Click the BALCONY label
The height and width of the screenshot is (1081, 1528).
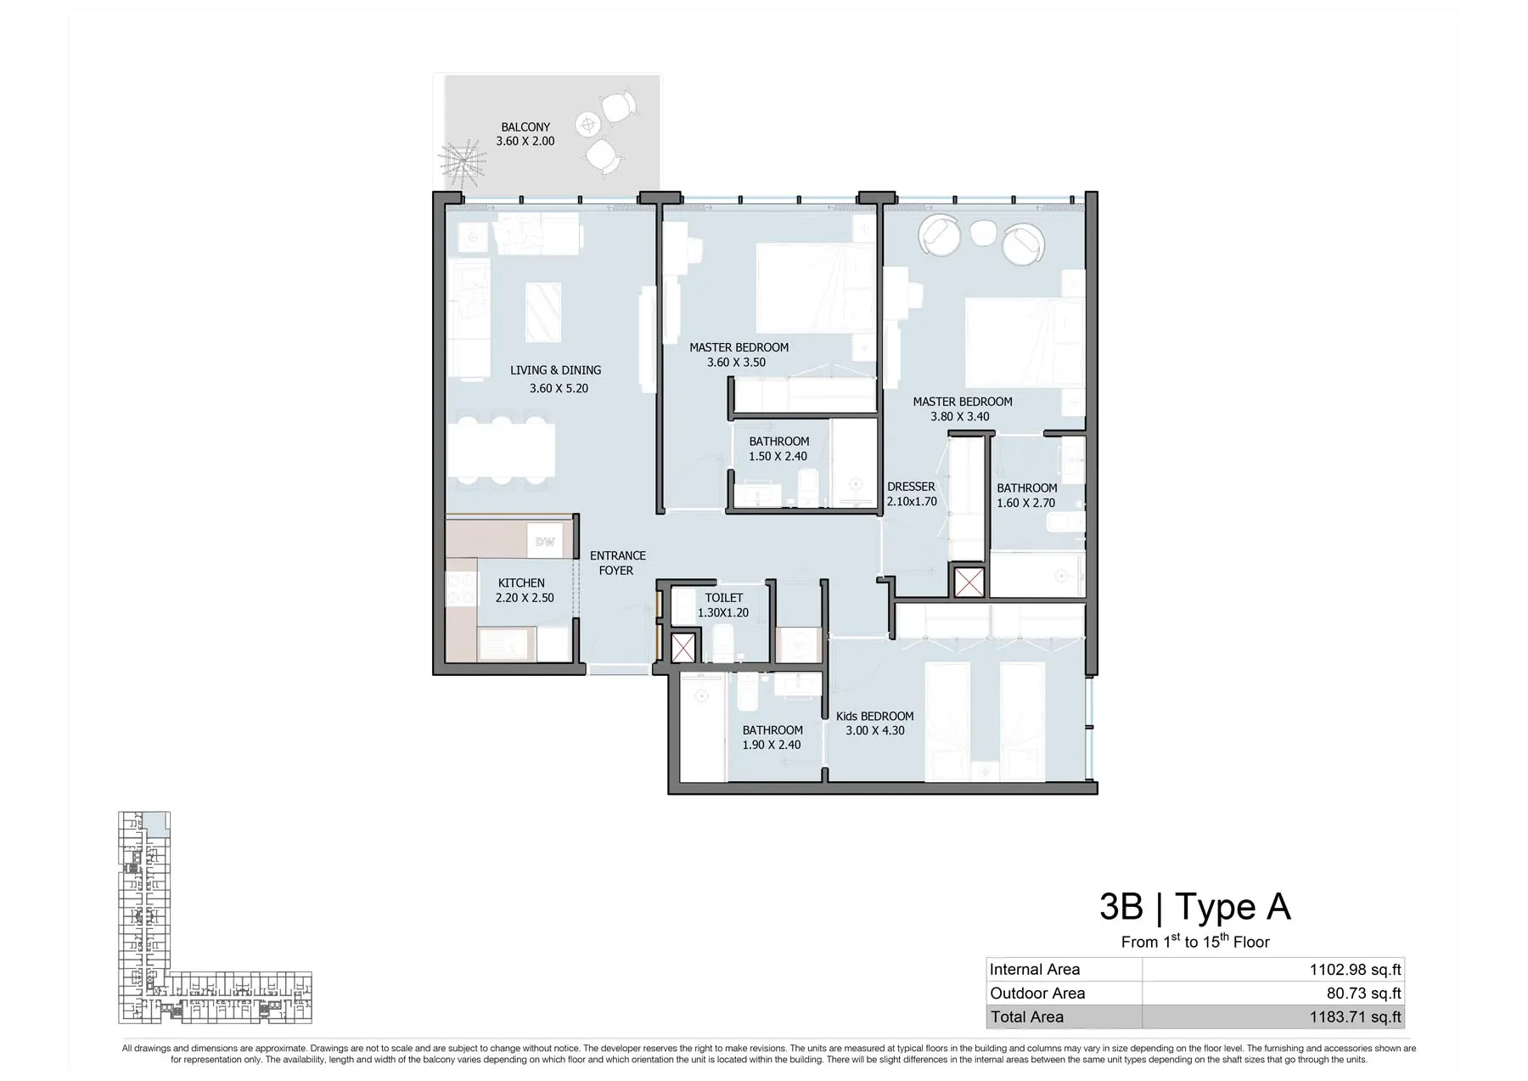pyautogui.click(x=525, y=127)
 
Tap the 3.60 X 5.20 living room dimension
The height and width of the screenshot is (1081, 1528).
pyautogui.click(x=559, y=388)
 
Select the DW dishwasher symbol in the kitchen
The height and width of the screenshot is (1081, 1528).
pyautogui.click(x=545, y=542)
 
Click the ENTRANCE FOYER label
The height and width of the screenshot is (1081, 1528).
pyautogui.click(x=617, y=563)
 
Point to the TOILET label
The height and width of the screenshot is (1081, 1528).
pyautogui.click(x=723, y=598)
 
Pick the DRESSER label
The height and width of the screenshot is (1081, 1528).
pyautogui.click(x=911, y=487)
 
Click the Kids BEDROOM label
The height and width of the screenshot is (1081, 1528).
pyautogui.click(x=874, y=716)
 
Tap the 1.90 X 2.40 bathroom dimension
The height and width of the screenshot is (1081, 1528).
pyautogui.click(x=772, y=745)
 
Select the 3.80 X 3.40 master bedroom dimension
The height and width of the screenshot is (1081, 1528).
pyautogui.click(x=959, y=416)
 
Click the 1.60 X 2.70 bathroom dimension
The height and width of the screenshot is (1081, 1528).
pyautogui.click(x=1026, y=503)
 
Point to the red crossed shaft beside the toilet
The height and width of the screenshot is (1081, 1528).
pyautogui.click(x=683, y=648)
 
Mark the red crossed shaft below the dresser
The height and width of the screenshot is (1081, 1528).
pyautogui.click(x=969, y=583)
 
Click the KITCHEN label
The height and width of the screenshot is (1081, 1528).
pyautogui.click(x=521, y=583)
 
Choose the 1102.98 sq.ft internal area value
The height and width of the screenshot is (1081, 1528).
pyautogui.click(x=1355, y=969)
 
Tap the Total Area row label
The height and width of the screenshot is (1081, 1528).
pyautogui.click(x=1026, y=1016)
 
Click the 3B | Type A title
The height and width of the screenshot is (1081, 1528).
pyautogui.click(x=1195, y=907)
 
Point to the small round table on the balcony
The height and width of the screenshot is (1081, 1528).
pyautogui.click(x=587, y=125)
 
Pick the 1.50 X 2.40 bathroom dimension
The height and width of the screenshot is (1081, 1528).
pyautogui.click(x=778, y=456)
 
